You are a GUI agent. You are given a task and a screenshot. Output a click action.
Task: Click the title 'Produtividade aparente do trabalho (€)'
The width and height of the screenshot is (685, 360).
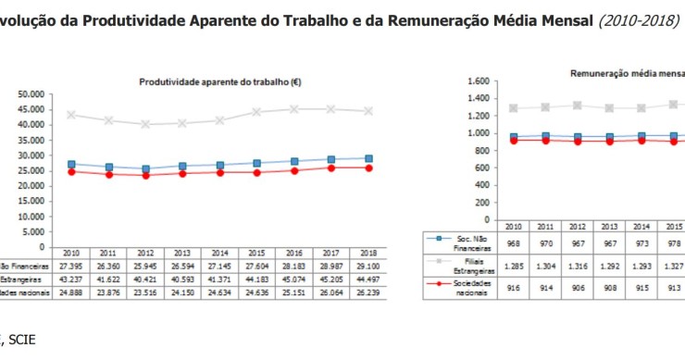[x=219, y=81]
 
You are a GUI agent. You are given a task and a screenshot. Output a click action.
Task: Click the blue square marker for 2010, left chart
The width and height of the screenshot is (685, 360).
[x=71, y=164]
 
